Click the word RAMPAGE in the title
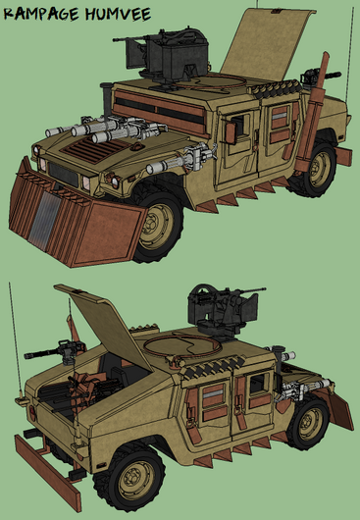pyautogui.click(x=41, y=15)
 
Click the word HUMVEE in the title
pyautogui.click(x=118, y=14)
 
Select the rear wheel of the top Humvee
pyautogui.click(x=314, y=170)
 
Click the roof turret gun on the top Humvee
pyautogui.click(x=163, y=56)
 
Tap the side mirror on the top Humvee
pyautogui.click(x=231, y=133)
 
